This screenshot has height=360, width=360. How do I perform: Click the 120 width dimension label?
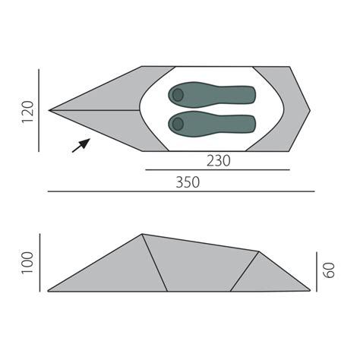tap(27, 112)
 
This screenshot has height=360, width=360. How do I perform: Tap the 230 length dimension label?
tap(219, 161)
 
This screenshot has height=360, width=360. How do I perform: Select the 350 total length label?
tap(188, 182)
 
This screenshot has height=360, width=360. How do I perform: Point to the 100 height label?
tap(27, 263)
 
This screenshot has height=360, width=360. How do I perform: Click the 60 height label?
tap(330, 270)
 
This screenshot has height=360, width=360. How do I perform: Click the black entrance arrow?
tap(81, 145)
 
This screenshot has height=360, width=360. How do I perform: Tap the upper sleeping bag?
tap(212, 94)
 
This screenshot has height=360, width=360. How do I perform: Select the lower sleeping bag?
tap(212, 124)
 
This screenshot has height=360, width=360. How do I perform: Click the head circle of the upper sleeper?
tap(178, 95)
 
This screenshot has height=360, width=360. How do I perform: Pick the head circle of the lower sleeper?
tap(178, 124)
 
